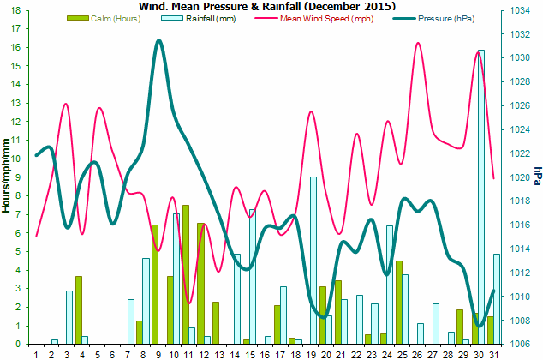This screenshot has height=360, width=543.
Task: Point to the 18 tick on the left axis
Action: (16, 10)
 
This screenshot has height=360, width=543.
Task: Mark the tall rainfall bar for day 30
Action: (481, 197)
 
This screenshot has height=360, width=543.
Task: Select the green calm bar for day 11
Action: (185, 274)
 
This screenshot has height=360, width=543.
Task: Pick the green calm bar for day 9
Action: (154, 284)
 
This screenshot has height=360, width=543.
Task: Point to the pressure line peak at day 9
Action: (159, 40)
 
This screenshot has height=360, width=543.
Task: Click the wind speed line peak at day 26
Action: (418, 43)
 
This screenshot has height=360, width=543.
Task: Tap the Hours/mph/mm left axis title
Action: (6, 176)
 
